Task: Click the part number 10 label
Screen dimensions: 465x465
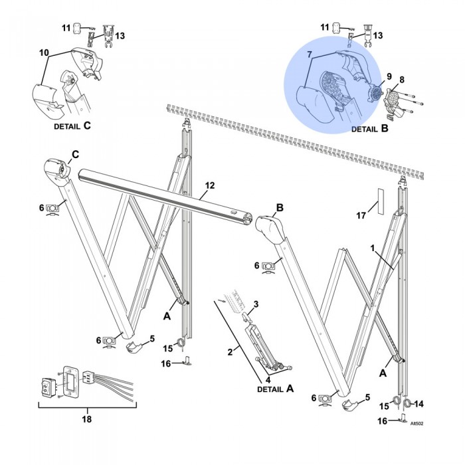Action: coord(45,51)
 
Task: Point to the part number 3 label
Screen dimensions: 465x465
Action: coord(256,304)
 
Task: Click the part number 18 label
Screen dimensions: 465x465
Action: coord(86,419)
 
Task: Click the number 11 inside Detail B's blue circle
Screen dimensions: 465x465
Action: coord(325,27)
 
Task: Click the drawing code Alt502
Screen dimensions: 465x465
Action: coord(417,422)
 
